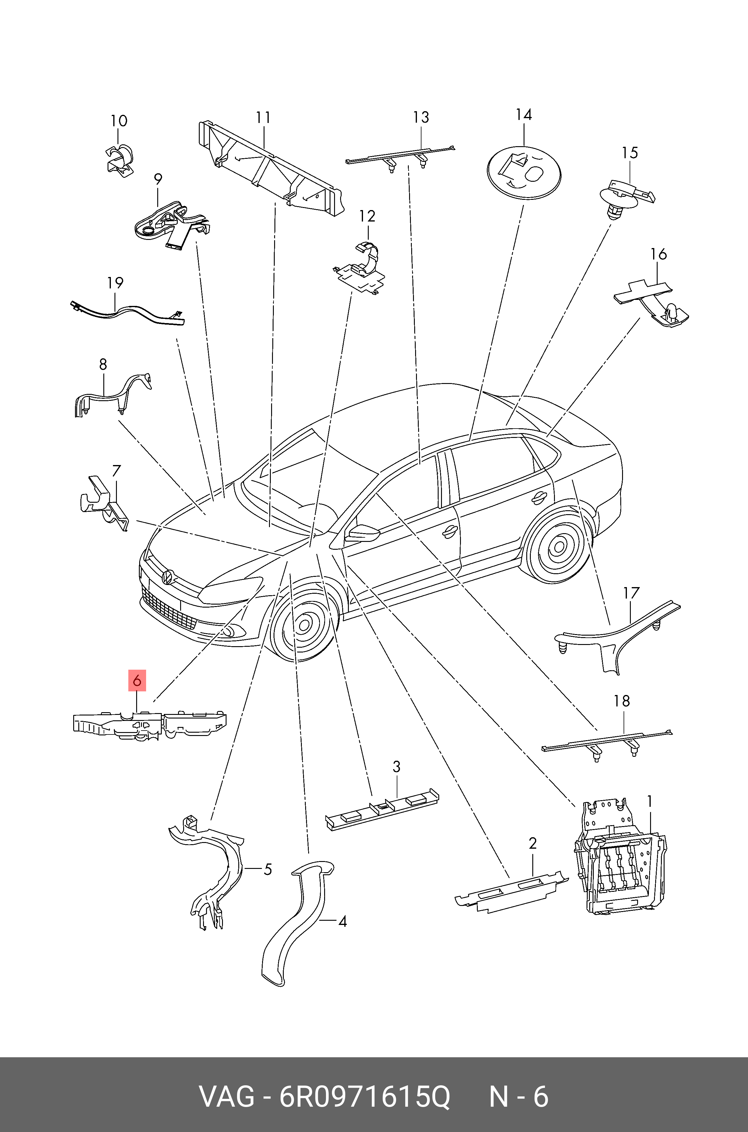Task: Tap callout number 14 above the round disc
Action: click(524, 115)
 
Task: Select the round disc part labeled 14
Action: click(524, 172)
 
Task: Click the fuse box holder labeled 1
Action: click(620, 857)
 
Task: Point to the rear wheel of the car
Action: click(557, 546)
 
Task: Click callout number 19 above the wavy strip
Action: click(115, 283)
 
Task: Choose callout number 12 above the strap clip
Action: click(367, 216)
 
